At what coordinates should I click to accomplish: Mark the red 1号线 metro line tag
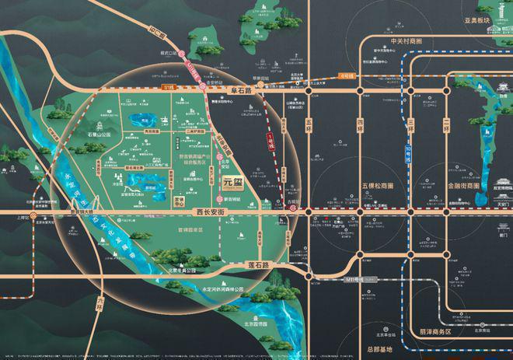pyautogui.click(x=271, y=141)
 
